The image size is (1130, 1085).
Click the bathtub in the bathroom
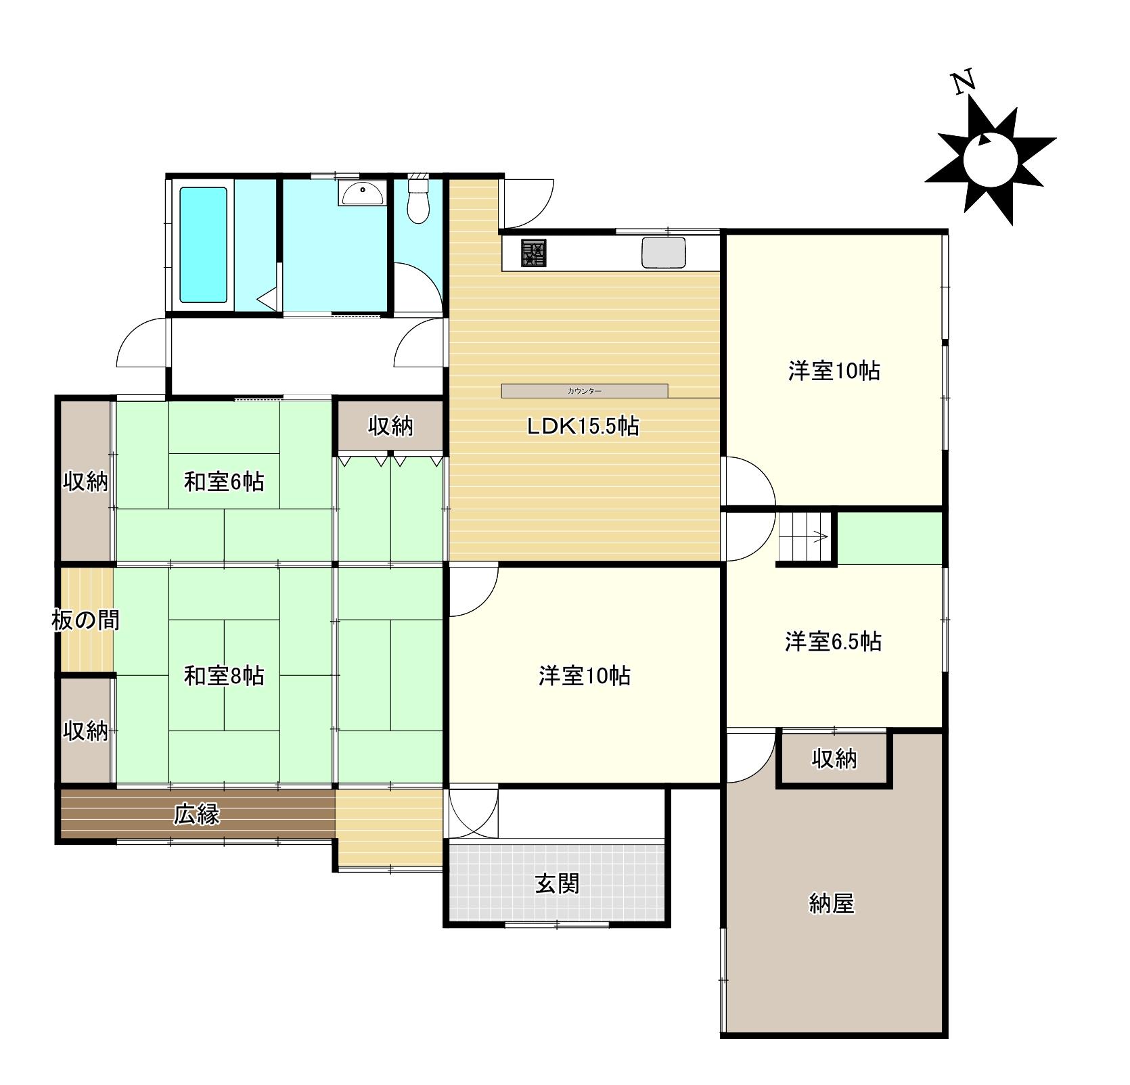[x=202, y=244]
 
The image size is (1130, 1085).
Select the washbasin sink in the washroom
[x=363, y=194]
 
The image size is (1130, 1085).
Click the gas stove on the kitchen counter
[x=533, y=254]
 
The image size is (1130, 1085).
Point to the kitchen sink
[x=663, y=252]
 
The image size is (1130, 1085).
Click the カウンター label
[x=585, y=391]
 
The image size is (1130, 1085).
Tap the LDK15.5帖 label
[x=583, y=426]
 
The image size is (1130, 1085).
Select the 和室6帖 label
[x=224, y=482]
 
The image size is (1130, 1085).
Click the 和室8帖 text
[x=224, y=676]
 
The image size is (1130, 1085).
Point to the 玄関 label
[x=557, y=883]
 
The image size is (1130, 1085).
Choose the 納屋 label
[x=832, y=903]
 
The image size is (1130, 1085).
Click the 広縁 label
[x=197, y=814]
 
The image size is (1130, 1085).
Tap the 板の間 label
[x=86, y=620]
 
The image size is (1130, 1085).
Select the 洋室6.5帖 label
[x=833, y=641]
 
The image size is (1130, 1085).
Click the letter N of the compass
[x=964, y=83]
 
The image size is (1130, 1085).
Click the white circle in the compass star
[x=991, y=160]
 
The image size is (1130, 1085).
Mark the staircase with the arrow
[x=805, y=537]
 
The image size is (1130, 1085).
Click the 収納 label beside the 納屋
[x=834, y=759]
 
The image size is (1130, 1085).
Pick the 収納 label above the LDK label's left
[x=390, y=426]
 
